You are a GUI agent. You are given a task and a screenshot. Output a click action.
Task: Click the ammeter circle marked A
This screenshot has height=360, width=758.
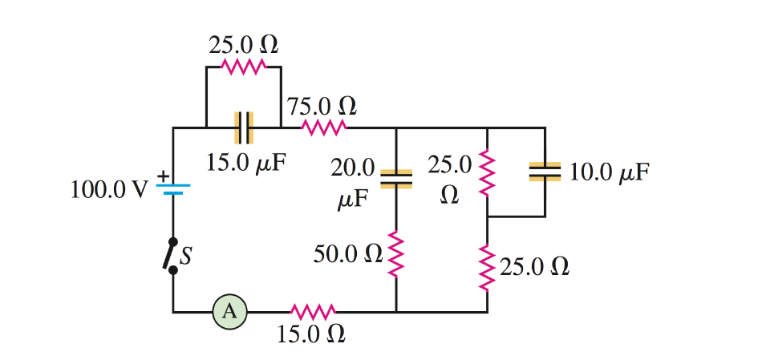tap(229, 312)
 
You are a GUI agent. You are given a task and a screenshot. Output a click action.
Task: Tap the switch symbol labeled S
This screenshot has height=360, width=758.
tap(172, 256)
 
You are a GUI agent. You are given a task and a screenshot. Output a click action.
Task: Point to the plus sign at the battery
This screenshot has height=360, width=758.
tap(162, 174)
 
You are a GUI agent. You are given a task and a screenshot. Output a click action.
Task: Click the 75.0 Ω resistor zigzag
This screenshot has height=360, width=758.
tap(323, 127)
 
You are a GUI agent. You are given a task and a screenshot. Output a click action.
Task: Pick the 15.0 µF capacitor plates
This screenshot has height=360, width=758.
tap(244, 127)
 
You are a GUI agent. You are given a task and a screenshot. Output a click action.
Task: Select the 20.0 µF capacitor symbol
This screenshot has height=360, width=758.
tap(396, 179)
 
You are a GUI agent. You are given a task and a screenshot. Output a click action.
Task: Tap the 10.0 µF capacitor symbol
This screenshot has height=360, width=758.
tap(545, 171)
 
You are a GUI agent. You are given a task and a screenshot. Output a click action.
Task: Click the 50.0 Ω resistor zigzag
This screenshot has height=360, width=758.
tap(396, 254)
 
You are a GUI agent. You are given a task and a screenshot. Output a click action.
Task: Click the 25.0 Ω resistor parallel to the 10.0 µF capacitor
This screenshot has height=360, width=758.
tap(487, 172)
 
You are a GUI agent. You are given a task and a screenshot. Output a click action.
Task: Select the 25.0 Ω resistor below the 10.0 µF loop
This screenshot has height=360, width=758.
tap(487, 266)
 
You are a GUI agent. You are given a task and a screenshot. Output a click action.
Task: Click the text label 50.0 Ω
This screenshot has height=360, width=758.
tap(348, 255)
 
